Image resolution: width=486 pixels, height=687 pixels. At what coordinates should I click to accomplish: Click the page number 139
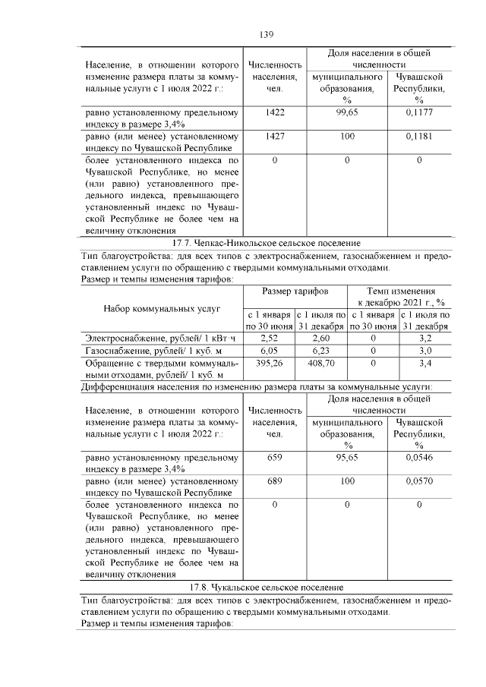coord(266,34)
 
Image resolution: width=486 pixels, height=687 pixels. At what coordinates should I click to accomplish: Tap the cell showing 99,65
coord(346,112)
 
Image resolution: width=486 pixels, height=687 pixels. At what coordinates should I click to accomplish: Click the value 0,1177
coord(418,112)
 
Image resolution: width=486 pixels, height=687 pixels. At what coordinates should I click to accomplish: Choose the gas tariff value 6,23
coord(320,350)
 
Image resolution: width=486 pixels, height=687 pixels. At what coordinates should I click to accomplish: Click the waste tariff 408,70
coord(320,363)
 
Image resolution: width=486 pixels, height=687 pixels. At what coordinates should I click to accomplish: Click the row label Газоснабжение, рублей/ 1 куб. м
coord(153,350)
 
